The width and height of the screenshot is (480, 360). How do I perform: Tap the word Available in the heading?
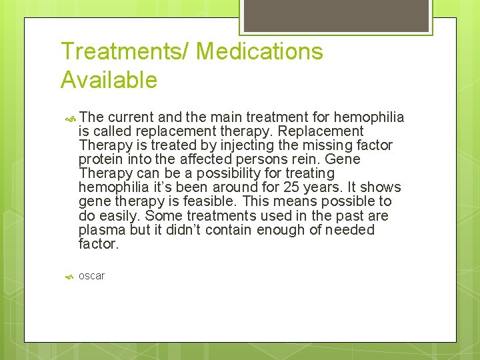[x=109, y=80]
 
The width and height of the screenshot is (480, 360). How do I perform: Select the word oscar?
[x=91, y=276]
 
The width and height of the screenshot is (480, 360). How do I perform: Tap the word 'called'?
[x=112, y=131]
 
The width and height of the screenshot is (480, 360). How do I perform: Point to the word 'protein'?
[x=100, y=159]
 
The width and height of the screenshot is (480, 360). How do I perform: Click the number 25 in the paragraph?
[x=291, y=187]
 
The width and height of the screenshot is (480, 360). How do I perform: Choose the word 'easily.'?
[x=118, y=216]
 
